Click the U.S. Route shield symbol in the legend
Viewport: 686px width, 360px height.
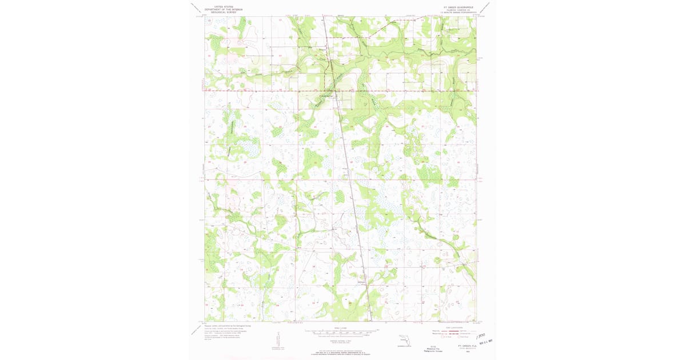click(x=433, y=337)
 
